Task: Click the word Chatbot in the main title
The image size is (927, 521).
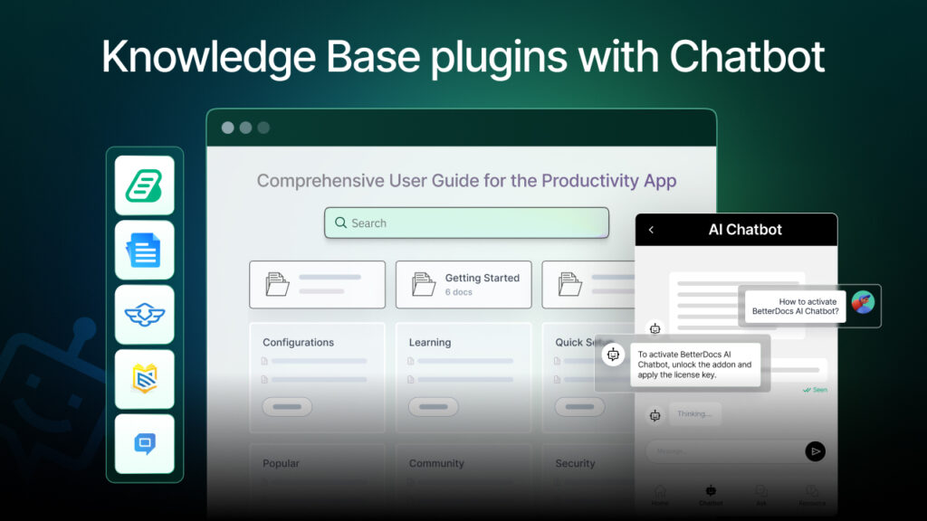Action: point(747,57)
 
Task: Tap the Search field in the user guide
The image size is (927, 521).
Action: point(466,223)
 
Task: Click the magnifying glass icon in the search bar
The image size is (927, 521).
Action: point(340,223)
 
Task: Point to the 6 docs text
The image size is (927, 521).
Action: point(458,292)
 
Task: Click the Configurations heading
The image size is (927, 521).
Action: point(298,342)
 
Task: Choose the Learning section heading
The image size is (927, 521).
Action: point(429,342)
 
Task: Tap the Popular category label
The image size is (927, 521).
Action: point(281,463)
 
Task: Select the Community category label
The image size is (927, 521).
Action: point(436,463)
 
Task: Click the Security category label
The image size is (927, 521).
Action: point(575,463)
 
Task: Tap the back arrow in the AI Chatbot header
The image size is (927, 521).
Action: point(651,230)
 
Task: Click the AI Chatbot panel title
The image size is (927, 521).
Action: point(744,230)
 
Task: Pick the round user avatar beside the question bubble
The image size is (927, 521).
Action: point(863,303)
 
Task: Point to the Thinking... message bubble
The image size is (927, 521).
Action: point(694,414)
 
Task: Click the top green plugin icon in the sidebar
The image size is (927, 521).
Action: point(144,185)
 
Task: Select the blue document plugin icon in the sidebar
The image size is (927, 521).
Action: point(144,251)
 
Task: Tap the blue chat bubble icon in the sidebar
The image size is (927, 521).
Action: point(144,443)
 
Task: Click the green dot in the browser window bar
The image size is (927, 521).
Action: point(263,128)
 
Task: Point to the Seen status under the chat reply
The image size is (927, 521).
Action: point(817,390)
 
